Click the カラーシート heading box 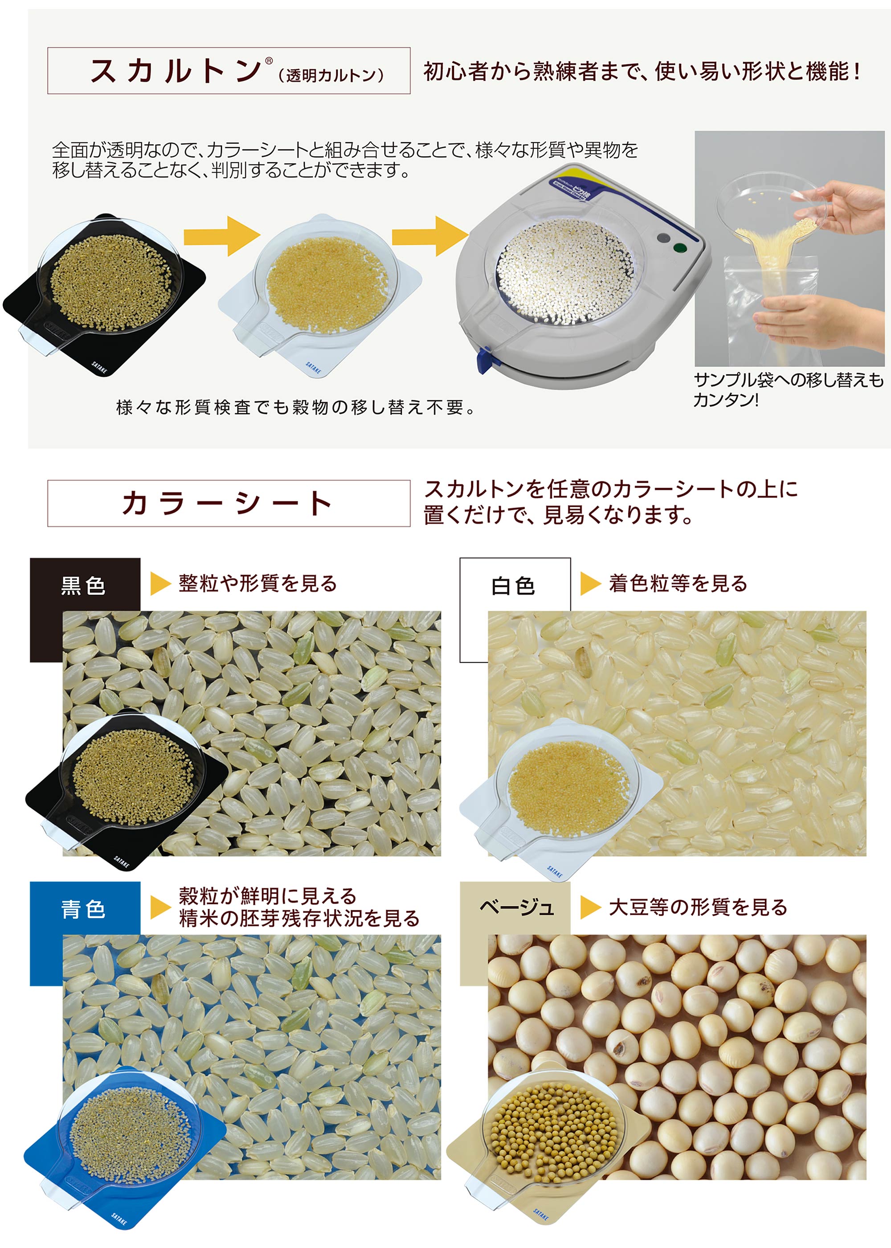tap(229, 503)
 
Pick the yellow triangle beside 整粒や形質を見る tap(160, 584)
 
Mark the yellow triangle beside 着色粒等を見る tap(591, 584)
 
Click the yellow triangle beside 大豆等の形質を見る tap(591, 907)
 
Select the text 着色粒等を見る tap(678, 583)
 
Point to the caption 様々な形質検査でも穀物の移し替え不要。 tap(296, 407)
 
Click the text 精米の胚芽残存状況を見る tap(299, 919)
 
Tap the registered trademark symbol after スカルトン tap(269, 61)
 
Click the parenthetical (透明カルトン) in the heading tap(331, 75)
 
